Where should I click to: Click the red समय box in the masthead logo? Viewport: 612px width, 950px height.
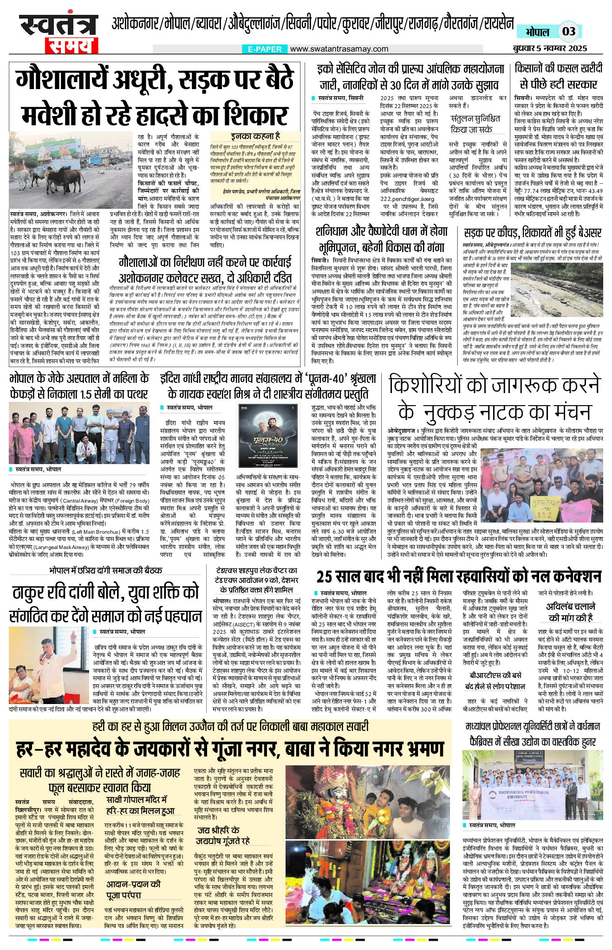click(71, 45)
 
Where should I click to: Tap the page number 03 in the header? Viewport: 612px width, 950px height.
click(568, 32)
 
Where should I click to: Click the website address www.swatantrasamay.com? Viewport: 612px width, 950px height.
click(339, 49)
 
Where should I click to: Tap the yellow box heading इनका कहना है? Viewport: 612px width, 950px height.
click(255, 136)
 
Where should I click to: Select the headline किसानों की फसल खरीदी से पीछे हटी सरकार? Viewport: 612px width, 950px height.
click(559, 76)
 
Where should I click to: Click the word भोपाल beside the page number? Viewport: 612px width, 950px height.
click(537, 32)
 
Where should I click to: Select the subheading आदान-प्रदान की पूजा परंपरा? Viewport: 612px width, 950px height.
click(133, 889)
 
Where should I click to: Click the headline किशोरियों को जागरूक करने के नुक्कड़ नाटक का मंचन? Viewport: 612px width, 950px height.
click(494, 398)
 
